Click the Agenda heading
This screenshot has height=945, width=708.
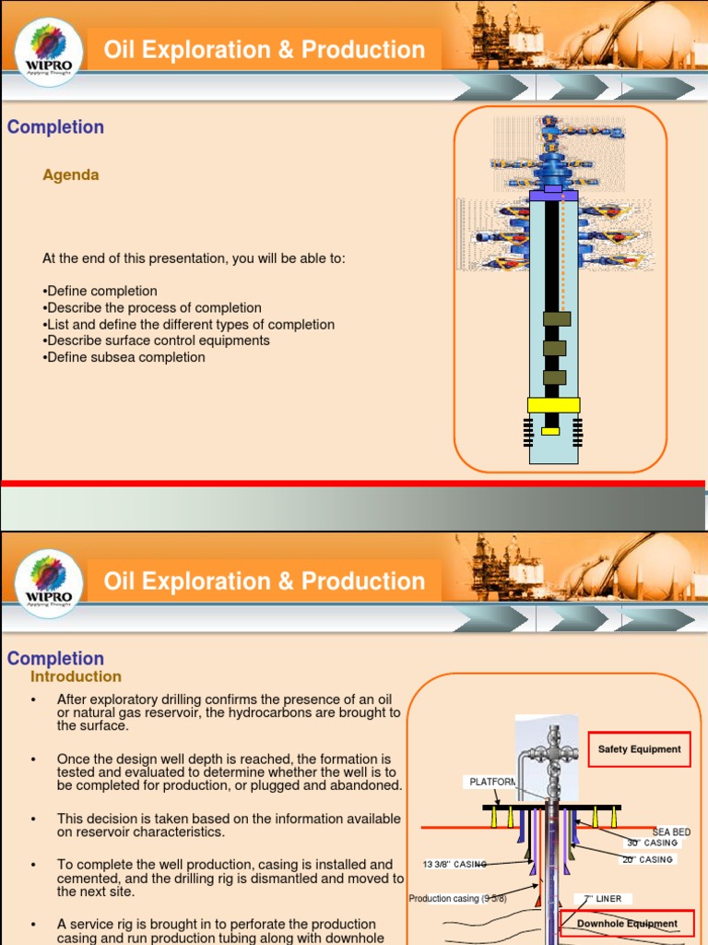coord(71,174)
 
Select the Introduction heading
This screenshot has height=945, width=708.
coord(76,676)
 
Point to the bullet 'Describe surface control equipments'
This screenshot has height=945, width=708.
coord(158,341)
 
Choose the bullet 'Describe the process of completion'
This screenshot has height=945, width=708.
coord(154,307)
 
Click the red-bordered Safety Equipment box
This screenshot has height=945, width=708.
coord(639,749)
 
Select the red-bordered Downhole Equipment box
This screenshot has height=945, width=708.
coord(627,923)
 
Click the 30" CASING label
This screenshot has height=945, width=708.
coord(652,843)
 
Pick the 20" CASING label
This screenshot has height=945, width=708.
coord(647,859)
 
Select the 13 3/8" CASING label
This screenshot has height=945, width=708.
coord(454,864)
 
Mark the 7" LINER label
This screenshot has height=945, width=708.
coord(604,898)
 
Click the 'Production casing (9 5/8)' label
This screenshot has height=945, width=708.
coord(457,898)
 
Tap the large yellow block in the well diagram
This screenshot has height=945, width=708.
coord(553,404)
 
